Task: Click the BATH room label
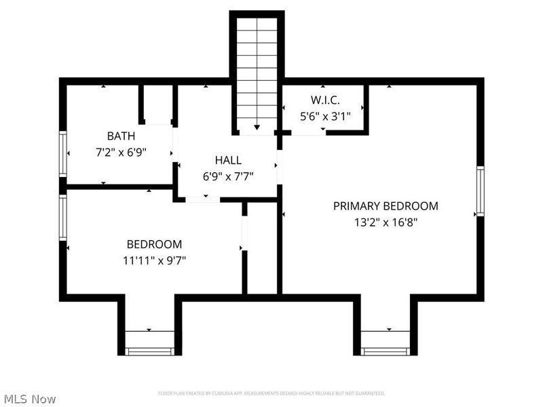pos(121,136)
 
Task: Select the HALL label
pos(228,160)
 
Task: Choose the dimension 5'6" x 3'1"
pos(325,116)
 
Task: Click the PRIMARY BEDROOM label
pos(386,206)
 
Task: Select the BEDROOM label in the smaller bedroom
pos(154,244)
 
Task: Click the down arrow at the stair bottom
pos(257,127)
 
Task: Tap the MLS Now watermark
pos(29,399)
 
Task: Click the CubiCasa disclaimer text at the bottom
pos(271,393)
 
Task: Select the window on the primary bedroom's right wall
pos(480,192)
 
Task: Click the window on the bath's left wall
pos(63,154)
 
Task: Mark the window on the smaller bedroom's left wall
pos(63,218)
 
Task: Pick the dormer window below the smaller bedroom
pos(150,351)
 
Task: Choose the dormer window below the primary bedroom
pos(385,351)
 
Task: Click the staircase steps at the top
pos(257,68)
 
